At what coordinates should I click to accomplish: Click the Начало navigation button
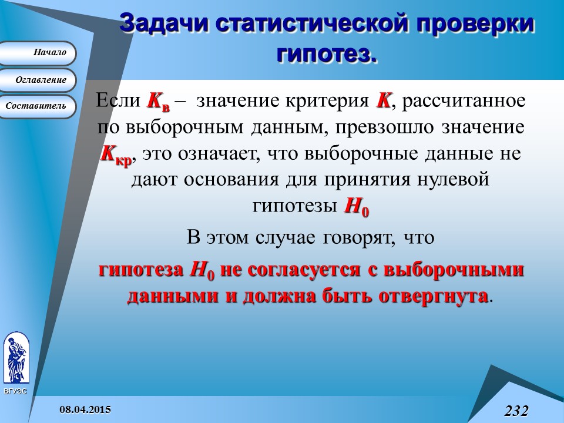[38, 53]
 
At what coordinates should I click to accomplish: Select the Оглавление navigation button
[38, 80]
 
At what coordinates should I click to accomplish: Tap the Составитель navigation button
[38, 106]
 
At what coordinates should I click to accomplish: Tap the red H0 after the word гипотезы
[356, 207]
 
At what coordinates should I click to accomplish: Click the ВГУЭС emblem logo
[15, 358]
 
